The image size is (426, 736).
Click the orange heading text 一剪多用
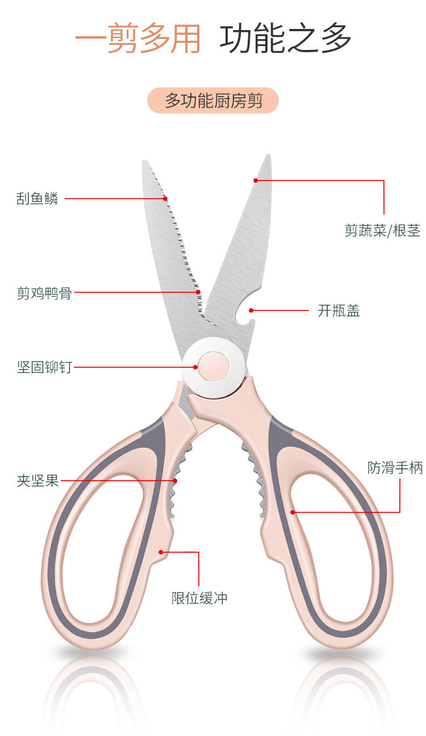pyautogui.click(x=138, y=39)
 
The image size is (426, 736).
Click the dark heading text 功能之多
pyautogui.click(x=286, y=39)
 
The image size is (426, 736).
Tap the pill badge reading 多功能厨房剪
pyautogui.click(x=213, y=101)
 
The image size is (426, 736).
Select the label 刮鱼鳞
pyautogui.click(x=37, y=199)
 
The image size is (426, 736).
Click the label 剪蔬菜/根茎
pyautogui.click(x=382, y=230)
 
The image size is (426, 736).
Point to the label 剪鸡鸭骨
pyautogui.click(x=44, y=293)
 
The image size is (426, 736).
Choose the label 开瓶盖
pyautogui.click(x=339, y=310)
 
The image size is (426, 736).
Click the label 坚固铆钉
pyautogui.click(x=44, y=367)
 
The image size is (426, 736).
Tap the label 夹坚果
pyautogui.click(x=37, y=481)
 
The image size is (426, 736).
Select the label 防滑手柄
pyautogui.click(x=395, y=468)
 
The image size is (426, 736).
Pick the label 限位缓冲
pyautogui.click(x=199, y=598)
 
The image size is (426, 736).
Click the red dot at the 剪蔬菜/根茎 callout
pyautogui.click(x=256, y=180)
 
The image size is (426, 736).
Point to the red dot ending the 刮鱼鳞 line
pyautogui.click(x=166, y=199)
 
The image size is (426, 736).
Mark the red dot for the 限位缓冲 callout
pyautogui.click(x=161, y=552)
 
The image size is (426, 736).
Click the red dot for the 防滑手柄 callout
pyautogui.click(x=293, y=512)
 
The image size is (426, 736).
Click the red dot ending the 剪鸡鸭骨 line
pyautogui.click(x=199, y=293)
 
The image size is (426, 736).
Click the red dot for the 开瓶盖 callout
pyautogui.click(x=251, y=310)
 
